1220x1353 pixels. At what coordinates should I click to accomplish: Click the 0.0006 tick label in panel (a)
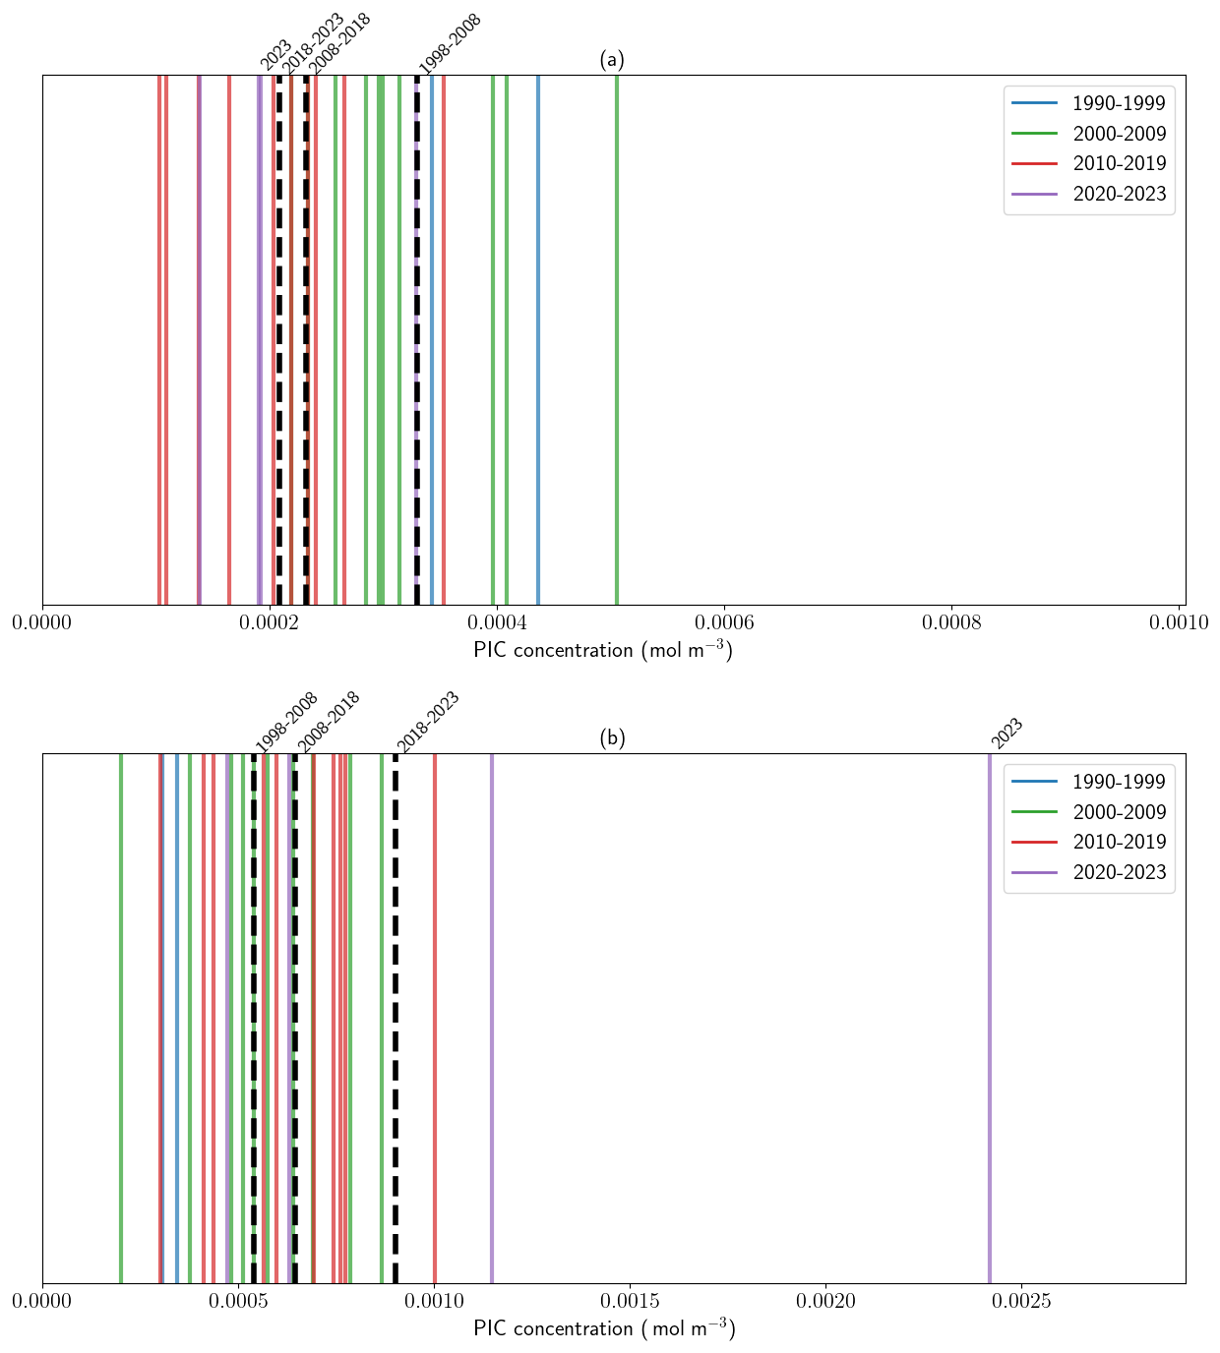click(724, 622)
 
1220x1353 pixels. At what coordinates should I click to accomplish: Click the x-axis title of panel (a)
click(603, 650)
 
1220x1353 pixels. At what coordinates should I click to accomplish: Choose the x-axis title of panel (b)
click(604, 1328)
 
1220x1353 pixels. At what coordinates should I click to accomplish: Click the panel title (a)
click(612, 60)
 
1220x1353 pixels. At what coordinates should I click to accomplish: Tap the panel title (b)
click(612, 738)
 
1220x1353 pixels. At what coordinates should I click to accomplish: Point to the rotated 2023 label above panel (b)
click(1007, 734)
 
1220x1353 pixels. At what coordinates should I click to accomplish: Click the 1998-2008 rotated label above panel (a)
click(450, 43)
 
